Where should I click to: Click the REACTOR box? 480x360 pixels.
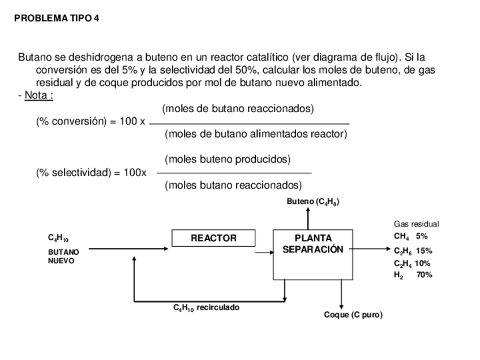pyautogui.click(x=213, y=238)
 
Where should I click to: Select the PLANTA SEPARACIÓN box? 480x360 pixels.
pyautogui.click(x=313, y=254)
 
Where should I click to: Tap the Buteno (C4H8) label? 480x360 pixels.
pyautogui.click(x=313, y=202)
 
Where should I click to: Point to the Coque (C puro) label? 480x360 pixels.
pyautogui.click(x=353, y=315)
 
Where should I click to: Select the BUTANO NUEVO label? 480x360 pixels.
pyautogui.click(x=63, y=256)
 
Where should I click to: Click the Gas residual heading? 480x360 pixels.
pyautogui.click(x=416, y=224)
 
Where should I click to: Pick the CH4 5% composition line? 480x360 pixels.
pyautogui.click(x=410, y=237)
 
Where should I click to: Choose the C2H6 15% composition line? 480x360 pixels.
pyautogui.click(x=413, y=250)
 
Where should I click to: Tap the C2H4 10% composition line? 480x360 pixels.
pyautogui.click(x=412, y=263)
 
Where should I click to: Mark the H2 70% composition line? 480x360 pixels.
pyautogui.click(x=413, y=275)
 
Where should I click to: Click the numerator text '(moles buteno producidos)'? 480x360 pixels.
pyautogui.click(x=228, y=160)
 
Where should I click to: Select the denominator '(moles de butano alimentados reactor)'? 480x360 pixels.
pyautogui.click(x=256, y=134)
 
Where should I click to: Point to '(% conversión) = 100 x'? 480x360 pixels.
pyautogui.click(x=91, y=122)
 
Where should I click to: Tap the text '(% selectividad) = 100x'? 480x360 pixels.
pyautogui.click(x=91, y=173)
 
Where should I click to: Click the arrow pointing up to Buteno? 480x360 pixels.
pyautogui.click(x=308, y=218)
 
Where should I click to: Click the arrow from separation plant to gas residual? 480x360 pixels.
pyautogui.click(x=371, y=248)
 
